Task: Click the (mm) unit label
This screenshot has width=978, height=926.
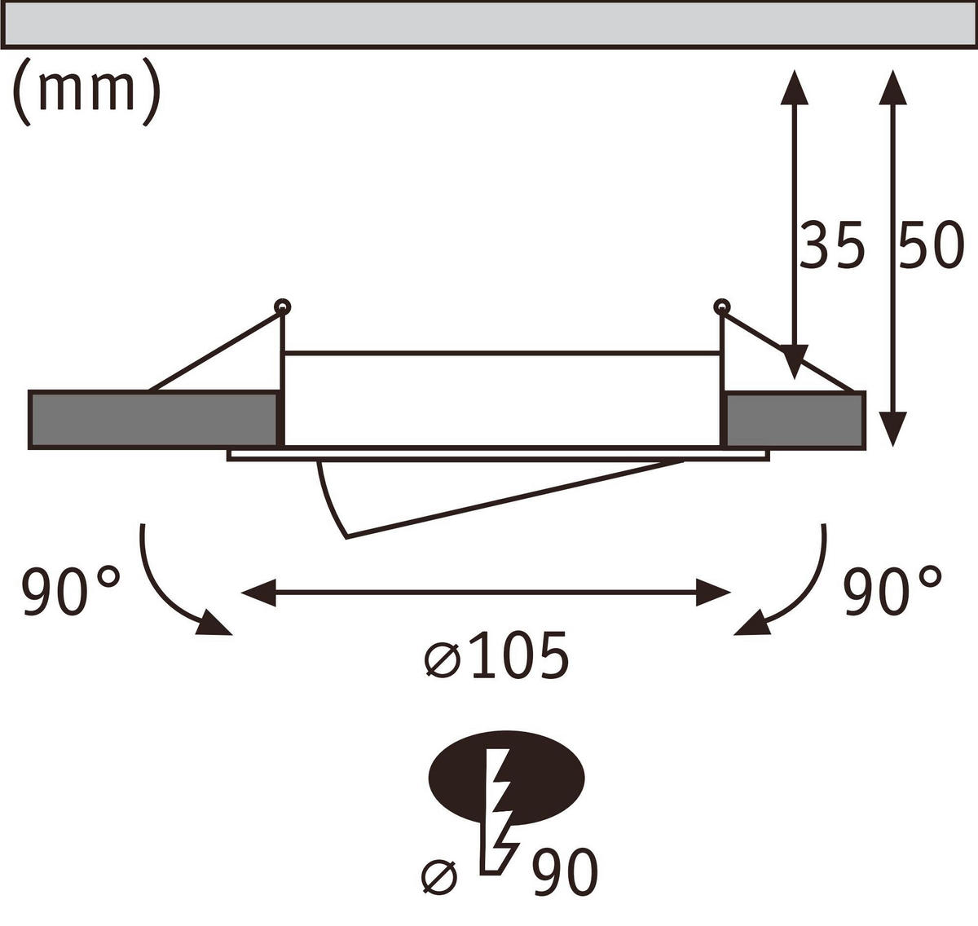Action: (x=86, y=91)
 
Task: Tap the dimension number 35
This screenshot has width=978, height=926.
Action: (x=830, y=245)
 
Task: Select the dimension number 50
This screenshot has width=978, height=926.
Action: (x=932, y=245)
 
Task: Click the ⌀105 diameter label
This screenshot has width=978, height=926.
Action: (x=496, y=655)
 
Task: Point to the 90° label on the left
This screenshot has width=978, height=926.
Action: (x=70, y=591)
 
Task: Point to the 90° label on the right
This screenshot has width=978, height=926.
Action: (x=892, y=591)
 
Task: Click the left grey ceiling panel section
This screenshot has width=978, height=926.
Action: (x=153, y=421)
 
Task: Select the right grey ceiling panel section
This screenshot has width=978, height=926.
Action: (x=795, y=421)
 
